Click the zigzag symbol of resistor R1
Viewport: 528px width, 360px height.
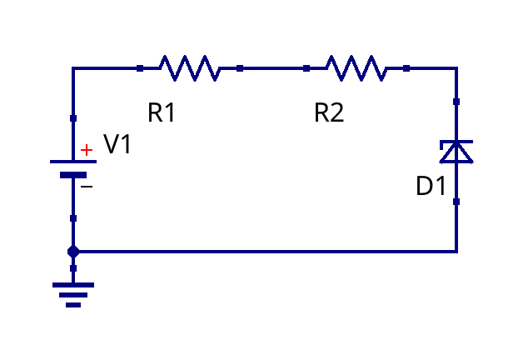pos(190,68)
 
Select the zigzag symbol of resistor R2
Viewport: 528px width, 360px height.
pos(356,68)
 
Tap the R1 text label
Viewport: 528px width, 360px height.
pos(162,112)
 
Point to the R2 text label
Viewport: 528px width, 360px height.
pos(329,112)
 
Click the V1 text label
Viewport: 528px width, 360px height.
pos(117,145)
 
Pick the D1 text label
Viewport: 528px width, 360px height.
pos(431,187)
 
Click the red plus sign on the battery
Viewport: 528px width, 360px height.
pos(87,150)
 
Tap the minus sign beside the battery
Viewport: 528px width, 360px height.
pos(87,187)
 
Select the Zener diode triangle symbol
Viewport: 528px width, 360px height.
pos(456,152)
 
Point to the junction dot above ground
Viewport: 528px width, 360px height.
pos(73,251)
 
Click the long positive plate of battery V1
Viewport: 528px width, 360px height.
pos(73,161)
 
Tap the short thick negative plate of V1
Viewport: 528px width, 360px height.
pos(73,175)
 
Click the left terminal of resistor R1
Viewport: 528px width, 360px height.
pos(140,68)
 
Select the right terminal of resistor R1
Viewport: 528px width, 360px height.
pos(240,68)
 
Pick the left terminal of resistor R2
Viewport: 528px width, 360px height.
pos(306,68)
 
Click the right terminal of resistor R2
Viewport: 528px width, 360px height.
pos(406,68)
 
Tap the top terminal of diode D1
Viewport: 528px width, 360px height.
pos(456,102)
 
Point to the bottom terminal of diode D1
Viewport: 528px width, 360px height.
pos(456,202)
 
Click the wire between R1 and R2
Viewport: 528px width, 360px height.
pos(273,68)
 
